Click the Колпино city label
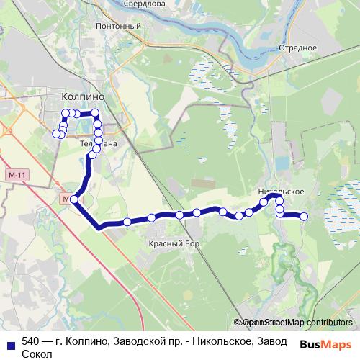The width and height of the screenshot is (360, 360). coord(84,96)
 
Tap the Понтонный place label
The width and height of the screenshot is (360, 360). coord(117,27)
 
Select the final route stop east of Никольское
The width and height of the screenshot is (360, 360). coord(304,216)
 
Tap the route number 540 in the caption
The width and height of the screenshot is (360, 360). coord(30,341)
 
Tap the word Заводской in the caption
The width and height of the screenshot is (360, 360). coord(137,341)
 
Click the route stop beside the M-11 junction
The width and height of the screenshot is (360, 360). coord(74,199)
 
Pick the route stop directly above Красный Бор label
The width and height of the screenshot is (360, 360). coord(152,217)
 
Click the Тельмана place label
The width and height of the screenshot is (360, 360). coord(96,143)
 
